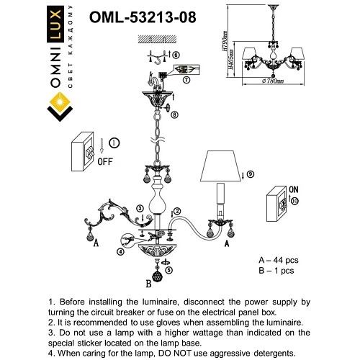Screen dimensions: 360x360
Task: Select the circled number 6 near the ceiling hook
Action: coord(176,55)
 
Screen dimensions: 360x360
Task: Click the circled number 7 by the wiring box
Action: coord(186,81)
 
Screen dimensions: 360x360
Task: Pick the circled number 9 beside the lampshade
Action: coord(251,174)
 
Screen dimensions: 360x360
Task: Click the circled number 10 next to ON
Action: coord(296,202)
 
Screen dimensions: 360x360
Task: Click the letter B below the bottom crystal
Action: coord(147,284)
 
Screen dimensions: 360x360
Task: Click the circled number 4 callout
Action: coord(120,252)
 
